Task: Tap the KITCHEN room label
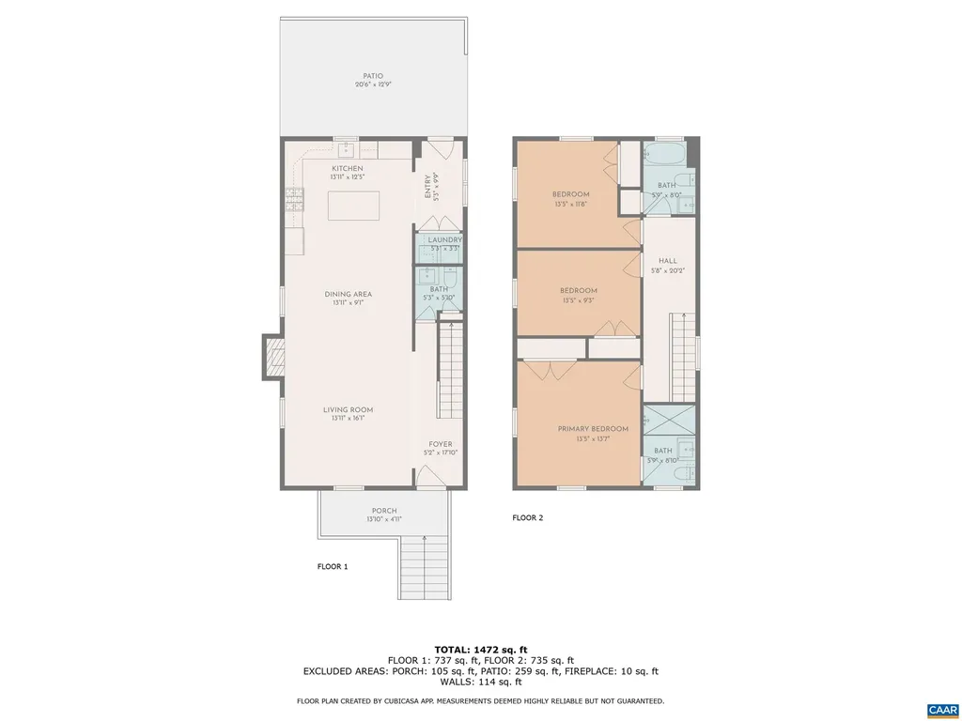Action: (347, 169)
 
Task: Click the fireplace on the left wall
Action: (273, 357)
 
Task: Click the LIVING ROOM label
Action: (347, 410)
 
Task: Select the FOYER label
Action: (441, 445)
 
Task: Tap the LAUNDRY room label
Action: (444, 240)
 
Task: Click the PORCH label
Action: (383, 511)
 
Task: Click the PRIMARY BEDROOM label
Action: (592, 429)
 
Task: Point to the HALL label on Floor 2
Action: (668, 262)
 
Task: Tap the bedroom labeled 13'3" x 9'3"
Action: (578, 291)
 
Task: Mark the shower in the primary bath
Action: (669, 418)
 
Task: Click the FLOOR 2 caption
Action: (527, 517)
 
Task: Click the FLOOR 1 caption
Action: (332, 566)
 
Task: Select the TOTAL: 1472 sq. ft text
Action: (480, 650)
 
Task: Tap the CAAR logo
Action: (941, 708)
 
